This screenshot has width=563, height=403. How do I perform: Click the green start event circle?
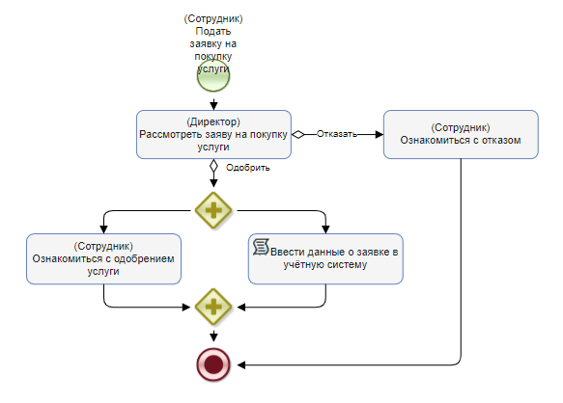[x=213, y=75]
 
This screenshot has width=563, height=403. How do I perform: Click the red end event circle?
[x=213, y=364]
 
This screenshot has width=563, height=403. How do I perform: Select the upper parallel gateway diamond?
[x=213, y=210]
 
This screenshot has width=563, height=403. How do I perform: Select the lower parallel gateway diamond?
[x=213, y=307]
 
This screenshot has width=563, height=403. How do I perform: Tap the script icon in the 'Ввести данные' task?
[x=261, y=247]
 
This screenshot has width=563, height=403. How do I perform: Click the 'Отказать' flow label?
[x=337, y=134]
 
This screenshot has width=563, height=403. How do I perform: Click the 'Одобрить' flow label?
[x=248, y=168]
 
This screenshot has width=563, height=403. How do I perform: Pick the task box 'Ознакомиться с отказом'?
[x=461, y=134]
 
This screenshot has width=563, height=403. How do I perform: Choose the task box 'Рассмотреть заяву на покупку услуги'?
[x=213, y=134]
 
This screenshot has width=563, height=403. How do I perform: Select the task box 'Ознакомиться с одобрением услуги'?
[x=103, y=259]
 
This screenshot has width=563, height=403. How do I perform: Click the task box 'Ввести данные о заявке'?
[x=325, y=259]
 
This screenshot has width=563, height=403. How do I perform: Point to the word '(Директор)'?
[x=213, y=121]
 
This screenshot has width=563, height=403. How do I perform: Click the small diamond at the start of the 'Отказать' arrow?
[x=298, y=134]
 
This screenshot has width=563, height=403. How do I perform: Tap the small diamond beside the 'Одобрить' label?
[x=213, y=166]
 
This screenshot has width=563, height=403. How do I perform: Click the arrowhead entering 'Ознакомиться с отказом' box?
[x=380, y=134]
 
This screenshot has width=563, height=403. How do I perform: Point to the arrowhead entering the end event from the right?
[x=241, y=365]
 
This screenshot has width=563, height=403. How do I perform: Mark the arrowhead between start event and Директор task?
[x=213, y=106]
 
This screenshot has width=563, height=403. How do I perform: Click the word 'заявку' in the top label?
[x=206, y=44]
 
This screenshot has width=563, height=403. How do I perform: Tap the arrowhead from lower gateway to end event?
[x=213, y=337]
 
